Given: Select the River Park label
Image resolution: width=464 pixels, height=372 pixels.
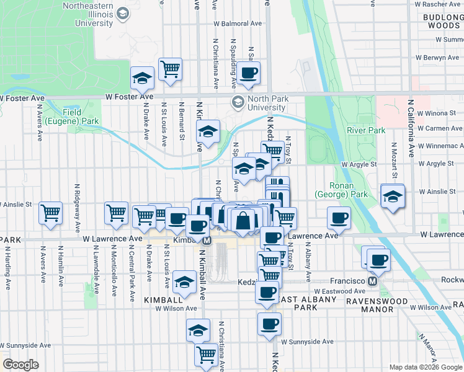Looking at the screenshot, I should [x=366, y=130].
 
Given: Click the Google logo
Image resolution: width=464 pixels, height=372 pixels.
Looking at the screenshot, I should [x=20, y=365].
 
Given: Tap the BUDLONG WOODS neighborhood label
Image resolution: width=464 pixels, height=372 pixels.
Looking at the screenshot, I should [x=442, y=20].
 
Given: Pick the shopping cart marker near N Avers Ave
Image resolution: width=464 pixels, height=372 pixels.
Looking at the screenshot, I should [x=50, y=212].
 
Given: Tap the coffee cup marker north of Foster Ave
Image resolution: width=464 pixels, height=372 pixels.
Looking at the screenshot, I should [x=248, y=73].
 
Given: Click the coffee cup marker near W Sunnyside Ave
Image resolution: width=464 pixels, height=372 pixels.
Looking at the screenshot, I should [x=269, y=323].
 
